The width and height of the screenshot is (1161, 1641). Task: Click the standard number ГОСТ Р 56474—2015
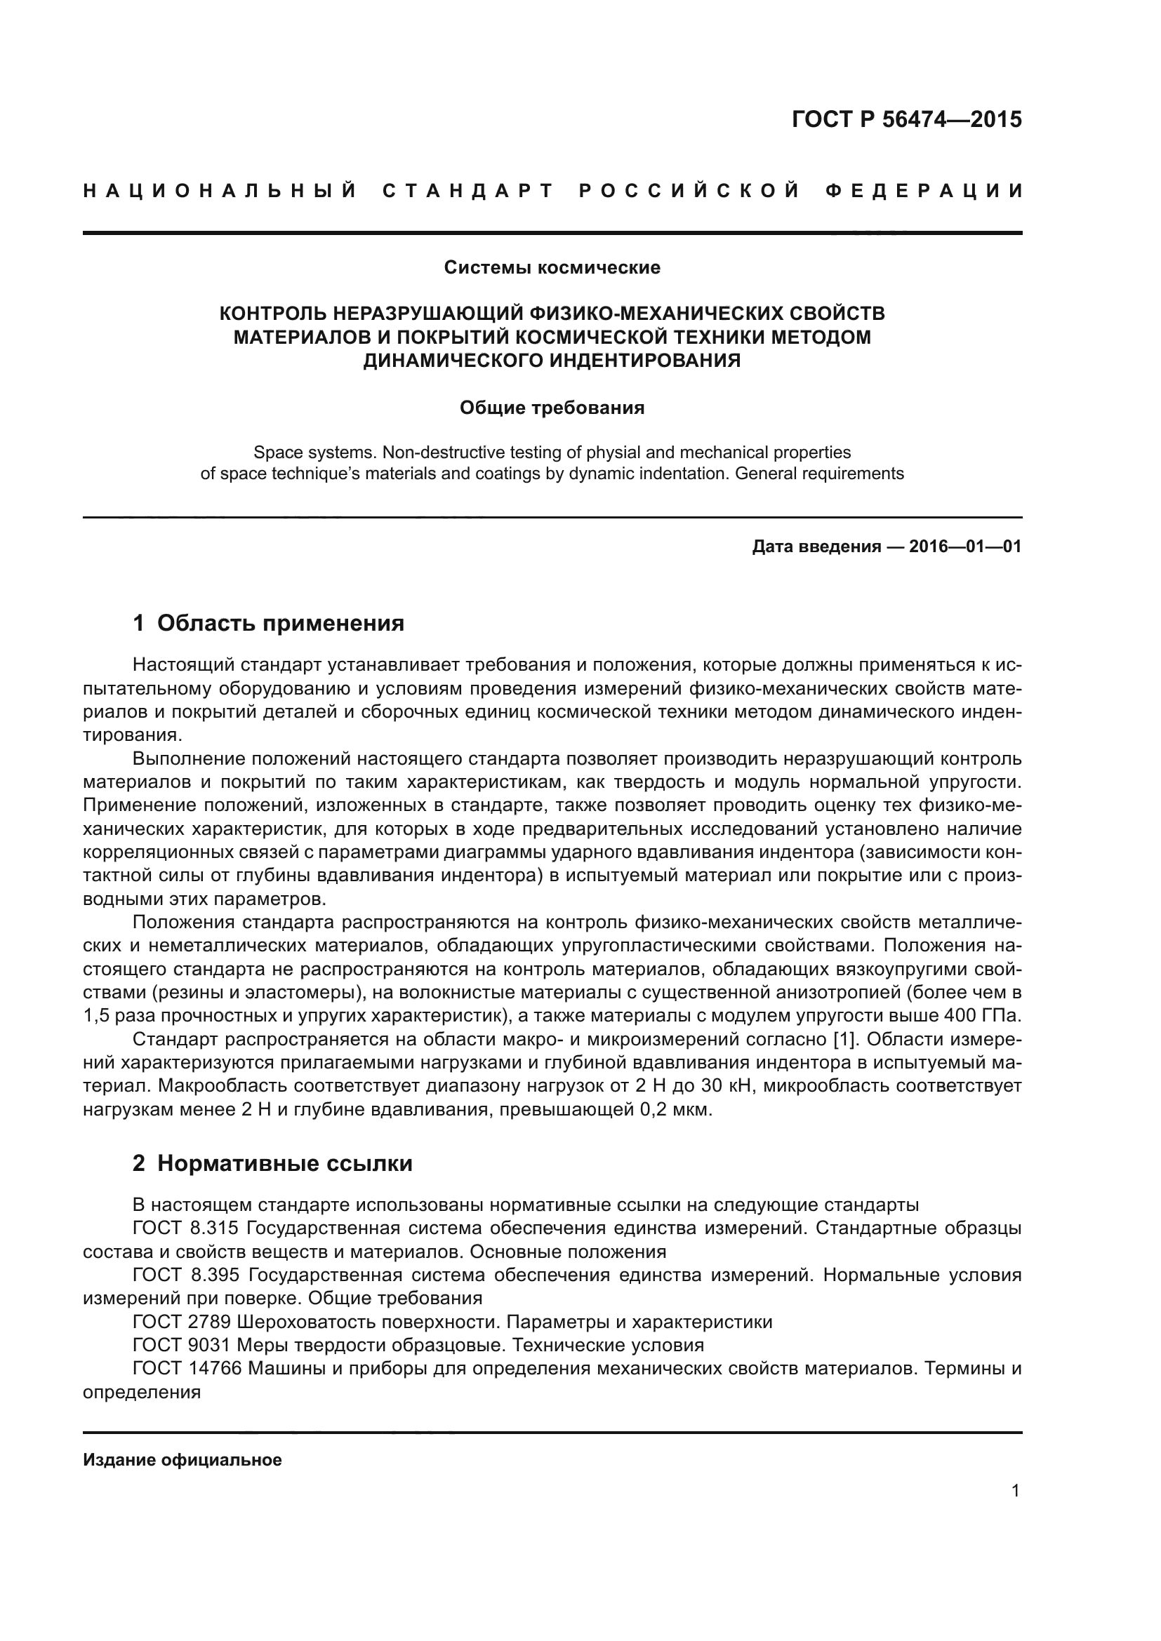click(906, 119)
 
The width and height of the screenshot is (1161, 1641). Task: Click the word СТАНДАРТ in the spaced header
click(468, 191)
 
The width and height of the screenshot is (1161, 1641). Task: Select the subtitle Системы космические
click(552, 267)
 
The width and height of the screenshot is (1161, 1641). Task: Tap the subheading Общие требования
click(552, 408)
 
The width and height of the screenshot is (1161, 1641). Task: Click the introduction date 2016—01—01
click(965, 547)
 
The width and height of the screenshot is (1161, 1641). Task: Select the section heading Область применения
click(280, 623)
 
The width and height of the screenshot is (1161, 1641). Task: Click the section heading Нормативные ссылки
click(284, 1163)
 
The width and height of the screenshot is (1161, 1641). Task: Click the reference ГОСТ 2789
click(182, 1322)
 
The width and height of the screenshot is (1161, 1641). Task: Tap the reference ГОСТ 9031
click(182, 1346)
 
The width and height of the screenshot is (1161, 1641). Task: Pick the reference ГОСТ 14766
click(187, 1369)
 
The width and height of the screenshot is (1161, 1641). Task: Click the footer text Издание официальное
click(183, 1460)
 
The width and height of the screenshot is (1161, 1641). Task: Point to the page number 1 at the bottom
click(1015, 1491)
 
